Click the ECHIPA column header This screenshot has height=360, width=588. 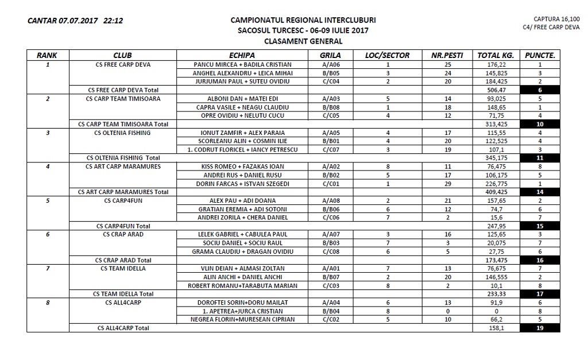pos(242,56)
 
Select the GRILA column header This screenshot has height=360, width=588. pos(330,56)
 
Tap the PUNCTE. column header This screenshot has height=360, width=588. pos(540,56)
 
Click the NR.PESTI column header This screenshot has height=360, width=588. pos(448,56)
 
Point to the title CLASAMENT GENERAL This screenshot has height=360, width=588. pos(303,41)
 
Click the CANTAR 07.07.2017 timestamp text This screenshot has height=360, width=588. pos(75,21)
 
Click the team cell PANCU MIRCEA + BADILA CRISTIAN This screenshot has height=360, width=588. pos(242,65)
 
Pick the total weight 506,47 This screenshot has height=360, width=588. pos(495,90)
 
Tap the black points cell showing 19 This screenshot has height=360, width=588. pos(540,328)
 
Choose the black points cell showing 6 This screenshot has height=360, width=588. pos(540,90)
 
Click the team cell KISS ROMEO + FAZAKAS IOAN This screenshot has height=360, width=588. pos(242,167)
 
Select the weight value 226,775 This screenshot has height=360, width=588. pos(495,184)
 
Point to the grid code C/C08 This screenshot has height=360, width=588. pos(331,251)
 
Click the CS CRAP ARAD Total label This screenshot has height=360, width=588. pos(123,260)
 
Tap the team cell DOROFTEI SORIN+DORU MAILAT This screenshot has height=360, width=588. pos(242,303)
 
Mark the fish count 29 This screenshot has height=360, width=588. pos(448,184)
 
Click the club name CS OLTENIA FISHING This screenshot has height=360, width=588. pos(123,133)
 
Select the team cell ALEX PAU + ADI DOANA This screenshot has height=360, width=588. pos(242,201)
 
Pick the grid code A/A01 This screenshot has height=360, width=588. pos(331,269)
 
